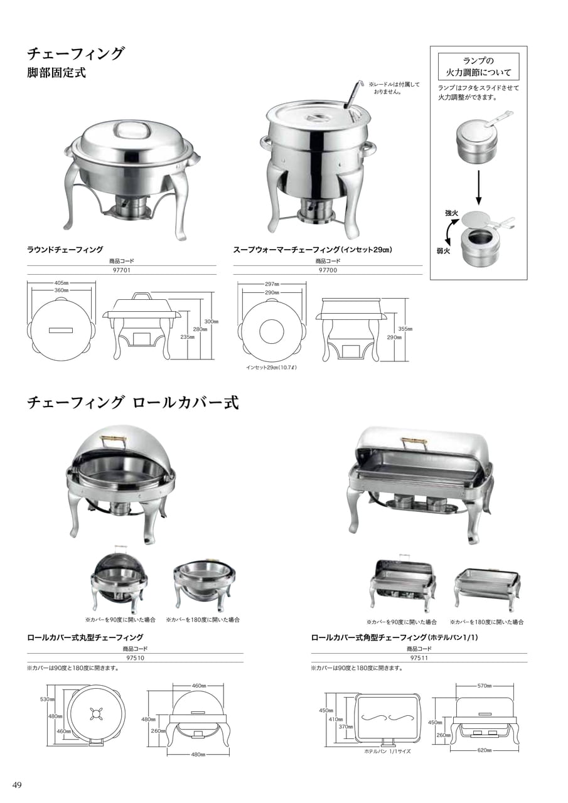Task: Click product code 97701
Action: pos(122,270)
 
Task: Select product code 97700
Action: pos(328,270)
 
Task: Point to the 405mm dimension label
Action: pos(62,283)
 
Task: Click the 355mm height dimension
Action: pos(405,329)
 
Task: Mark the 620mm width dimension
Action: pos(484,750)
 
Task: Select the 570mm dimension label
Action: pos(484,686)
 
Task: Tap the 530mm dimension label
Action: pos(47,699)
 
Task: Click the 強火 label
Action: pos(451,213)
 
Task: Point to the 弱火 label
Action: pos(443,252)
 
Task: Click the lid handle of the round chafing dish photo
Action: pos(131,129)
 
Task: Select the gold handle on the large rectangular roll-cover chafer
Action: pos(415,441)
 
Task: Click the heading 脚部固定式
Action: pos(56,72)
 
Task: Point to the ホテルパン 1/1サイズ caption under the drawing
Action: pos(387,752)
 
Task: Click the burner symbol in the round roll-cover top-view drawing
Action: pos(96,715)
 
